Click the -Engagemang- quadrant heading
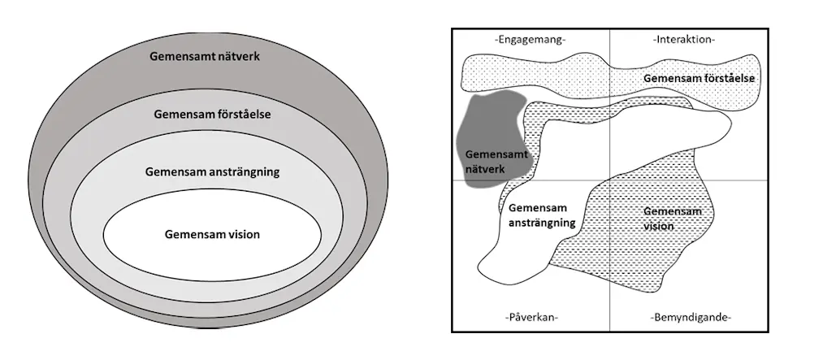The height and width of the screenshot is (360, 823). click(530, 39)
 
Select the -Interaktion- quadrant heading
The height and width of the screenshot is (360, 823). click(683, 39)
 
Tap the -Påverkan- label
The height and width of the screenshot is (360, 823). click(530, 317)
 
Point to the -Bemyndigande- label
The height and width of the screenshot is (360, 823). click(691, 317)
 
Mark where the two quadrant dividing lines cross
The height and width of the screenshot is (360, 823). click(609, 180)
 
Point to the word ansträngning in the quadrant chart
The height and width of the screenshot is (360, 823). click(542, 222)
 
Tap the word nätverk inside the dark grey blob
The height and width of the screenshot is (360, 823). click(485, 168)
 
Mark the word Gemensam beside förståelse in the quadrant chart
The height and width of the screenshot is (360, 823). click(668, 78)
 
